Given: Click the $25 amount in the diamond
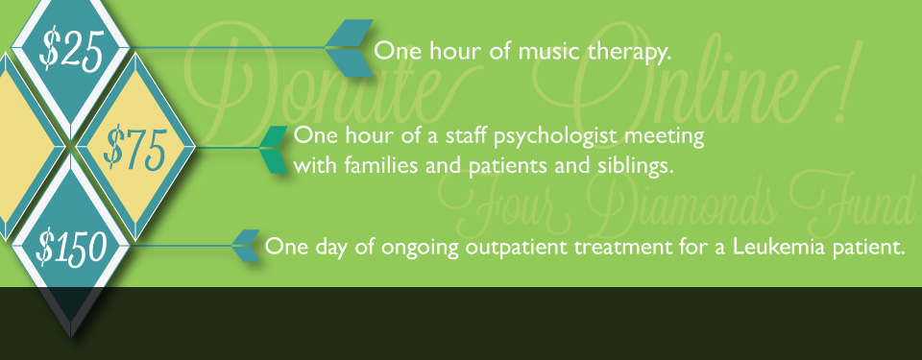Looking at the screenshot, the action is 71,50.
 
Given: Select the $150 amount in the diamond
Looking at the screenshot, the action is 71,247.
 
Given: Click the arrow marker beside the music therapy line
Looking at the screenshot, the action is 350,48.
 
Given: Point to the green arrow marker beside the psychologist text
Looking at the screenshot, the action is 274,150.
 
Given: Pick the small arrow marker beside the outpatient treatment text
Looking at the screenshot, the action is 246,246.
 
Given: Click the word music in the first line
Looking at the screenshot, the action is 549,51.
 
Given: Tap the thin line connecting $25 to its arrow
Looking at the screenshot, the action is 228,47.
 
